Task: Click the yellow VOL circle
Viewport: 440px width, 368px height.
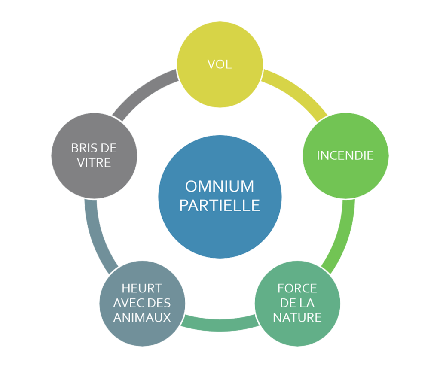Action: [x=220, y=82]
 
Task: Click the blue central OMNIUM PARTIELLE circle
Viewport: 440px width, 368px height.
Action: [x=220, y=223]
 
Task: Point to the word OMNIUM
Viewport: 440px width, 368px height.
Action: [x=220, y=187]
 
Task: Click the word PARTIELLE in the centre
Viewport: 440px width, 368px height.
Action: [x=220, y=205]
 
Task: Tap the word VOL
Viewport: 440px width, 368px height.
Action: [x=220, y=64]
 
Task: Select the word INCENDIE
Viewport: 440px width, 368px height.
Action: [x=345, y=155]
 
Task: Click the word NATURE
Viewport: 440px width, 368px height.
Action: [x=297, y=318]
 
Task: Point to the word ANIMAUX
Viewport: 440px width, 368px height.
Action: [x=142, y=318]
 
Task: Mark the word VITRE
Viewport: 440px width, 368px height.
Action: [x=94, y=163]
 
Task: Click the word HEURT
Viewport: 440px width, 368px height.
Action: [x=142, y=288]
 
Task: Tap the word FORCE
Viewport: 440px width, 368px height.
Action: [x=297, y=288]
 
